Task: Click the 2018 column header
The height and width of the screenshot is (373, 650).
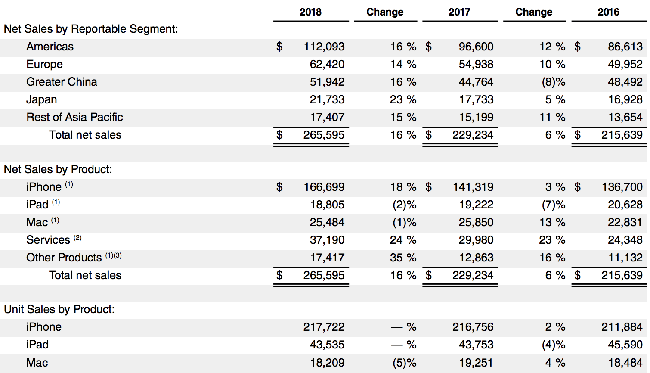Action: tap(310, 12)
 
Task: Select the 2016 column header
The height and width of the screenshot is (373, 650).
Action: tap(608, 12)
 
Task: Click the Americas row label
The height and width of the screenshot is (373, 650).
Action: tap(50, 47)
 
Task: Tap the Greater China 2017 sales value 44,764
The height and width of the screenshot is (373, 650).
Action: tap(476, 82)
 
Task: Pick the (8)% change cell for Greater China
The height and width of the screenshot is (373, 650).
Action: tap(553, 82)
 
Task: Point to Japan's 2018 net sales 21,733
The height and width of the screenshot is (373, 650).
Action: tap(327, 99)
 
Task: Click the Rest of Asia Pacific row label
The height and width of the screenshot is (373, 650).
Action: tap(74, 117)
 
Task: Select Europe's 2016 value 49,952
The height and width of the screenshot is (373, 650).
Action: tap(625, 64)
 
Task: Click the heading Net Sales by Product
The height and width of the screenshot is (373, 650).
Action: tap(58, 169)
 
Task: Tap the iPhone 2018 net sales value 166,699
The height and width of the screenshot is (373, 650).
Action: tap(324, 187)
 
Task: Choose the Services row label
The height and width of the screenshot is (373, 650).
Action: tap(48, 240)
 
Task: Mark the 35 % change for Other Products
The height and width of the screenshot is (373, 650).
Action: tap(403, 258)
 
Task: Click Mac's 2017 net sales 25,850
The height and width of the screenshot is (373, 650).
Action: tap(476, 222)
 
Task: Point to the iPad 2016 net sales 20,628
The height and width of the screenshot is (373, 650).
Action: tap(625, 205)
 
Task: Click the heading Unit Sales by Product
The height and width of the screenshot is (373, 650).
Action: tap(59, 309)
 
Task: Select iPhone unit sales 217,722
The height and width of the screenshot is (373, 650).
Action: tap(324, 327)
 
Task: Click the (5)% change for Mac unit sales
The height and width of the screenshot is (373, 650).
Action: tap(404, 363)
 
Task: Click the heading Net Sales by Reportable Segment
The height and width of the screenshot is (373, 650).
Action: tap(90, 29)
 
